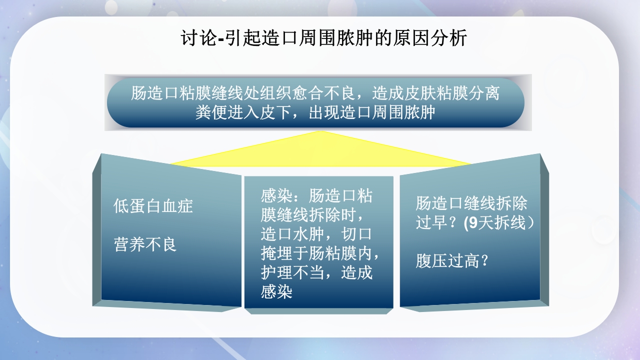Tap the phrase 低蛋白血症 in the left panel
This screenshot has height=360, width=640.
coord(153,206)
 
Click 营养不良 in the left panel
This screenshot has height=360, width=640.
coord(145,245)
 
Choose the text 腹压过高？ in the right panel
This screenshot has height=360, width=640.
coord(452,261)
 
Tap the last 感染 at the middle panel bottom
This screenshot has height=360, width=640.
coord(276,291)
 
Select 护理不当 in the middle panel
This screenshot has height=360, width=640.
coord(292,272)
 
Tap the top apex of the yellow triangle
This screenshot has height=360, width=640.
coord(320,132)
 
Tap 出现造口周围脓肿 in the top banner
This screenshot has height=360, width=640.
coord(372,112)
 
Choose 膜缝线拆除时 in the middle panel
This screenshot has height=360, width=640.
coord(308,215)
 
